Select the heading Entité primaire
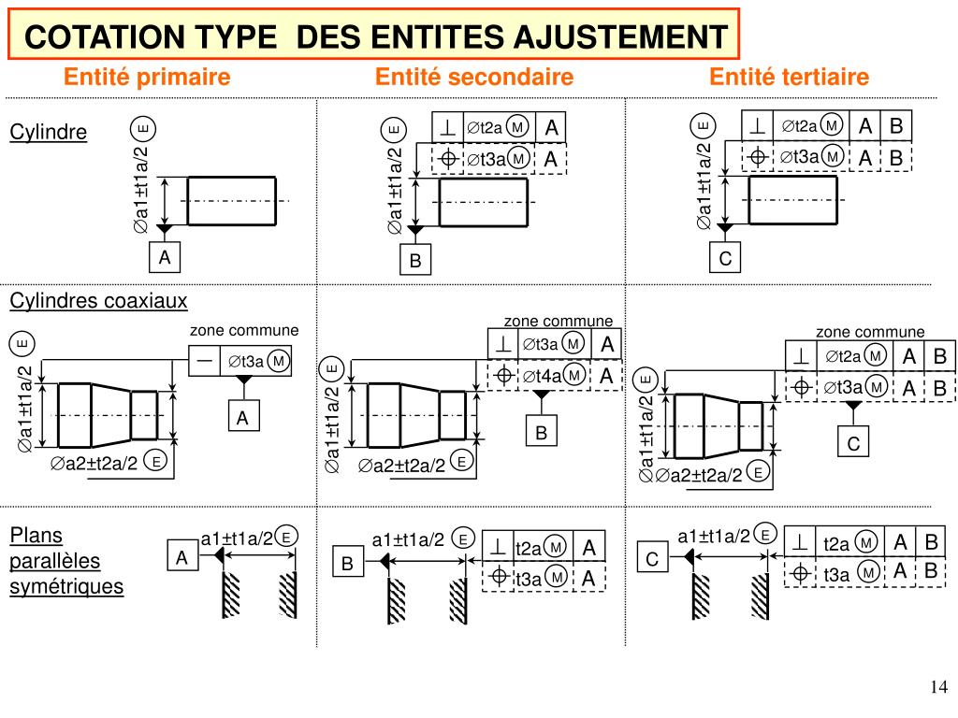pyautogui.click(x=147, y=77)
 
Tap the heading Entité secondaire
pyautogui.click(x=473, y=77)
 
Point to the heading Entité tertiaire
pyautogui.click(x=789, y=77)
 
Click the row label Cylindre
pyautogui.click(x=48, y=133)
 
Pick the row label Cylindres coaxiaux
pyautogui.click(x=98, y=301)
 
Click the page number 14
pyautogui.click(x=938, y=688)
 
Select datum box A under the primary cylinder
pyautogui.click(x=165, y=257)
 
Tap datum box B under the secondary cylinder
pyautogui.click(x=415, y=262)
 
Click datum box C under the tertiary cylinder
pyautogui.click(x=725, y=259)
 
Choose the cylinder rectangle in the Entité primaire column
pyautogui.click(x=231, y=201)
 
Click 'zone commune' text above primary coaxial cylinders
pyautogui.click(x=244, y=331)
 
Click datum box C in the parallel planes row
pyautogui.click(x=652, y=559)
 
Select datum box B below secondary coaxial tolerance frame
pyautogui.click(x=540, y=433)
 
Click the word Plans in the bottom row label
pyautogui.click(x=36, y=536)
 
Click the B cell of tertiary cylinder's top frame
pyautogui.click(x=895, y=125)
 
